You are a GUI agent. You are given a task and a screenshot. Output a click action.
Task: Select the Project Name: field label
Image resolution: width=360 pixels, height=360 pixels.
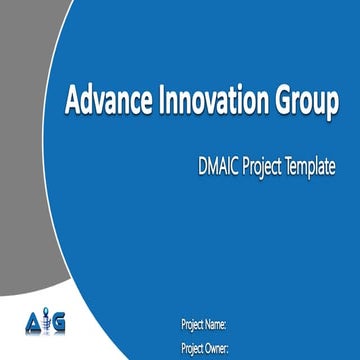pyautogui.click(x=204, y=325)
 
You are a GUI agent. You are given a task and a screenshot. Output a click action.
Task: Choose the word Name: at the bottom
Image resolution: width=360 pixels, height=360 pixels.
pyautogui.click(x=217, y=325)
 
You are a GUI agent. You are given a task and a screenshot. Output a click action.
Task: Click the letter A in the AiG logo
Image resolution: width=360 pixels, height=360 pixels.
pyautogui.click(x=29, y=325)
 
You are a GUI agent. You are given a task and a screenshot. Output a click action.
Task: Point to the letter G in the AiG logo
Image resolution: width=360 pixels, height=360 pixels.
pyautogui.click(x=58, y=325)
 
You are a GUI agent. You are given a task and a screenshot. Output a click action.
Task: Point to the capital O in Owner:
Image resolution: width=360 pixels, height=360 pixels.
pyautogui.click(x=211, y=347)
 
